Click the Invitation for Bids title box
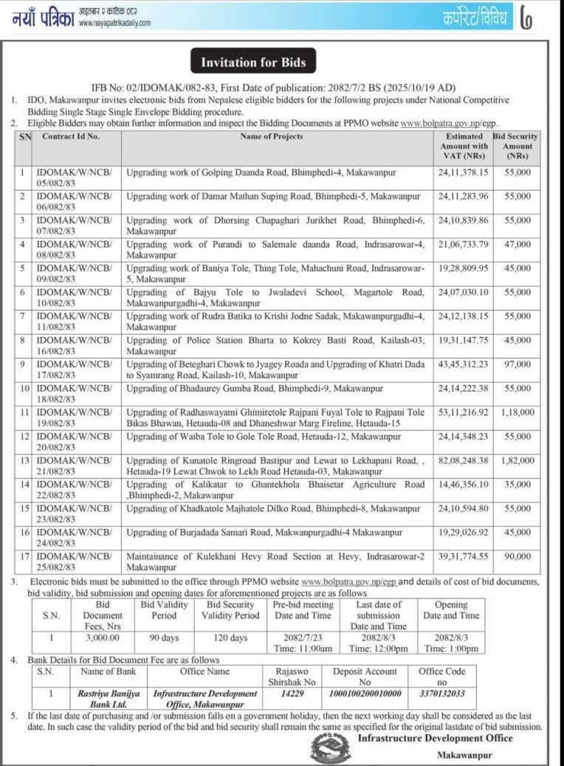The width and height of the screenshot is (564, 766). click(253, 62)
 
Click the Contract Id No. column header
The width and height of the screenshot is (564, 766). click(71, 137)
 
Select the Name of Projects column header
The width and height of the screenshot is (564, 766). click(272, 137)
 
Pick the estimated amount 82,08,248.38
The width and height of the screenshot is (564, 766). click(463, 460)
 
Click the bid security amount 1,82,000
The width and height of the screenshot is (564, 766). click(517, 460)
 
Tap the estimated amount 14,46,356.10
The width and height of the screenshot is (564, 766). click(463, 484)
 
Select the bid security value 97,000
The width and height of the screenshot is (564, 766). click(517, 364)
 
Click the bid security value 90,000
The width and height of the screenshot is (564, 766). click(517, 556)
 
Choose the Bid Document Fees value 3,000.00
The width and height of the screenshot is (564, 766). click(102, 638)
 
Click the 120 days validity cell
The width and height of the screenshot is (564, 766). click(230, 638)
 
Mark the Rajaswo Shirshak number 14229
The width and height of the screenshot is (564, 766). click(293, 693)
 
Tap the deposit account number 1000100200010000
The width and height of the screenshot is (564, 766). click(365, 693)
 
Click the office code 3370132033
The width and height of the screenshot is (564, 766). click(442, 693)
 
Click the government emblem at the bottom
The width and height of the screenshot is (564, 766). click(331, 747)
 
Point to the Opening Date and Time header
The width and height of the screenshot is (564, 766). click(451, 610)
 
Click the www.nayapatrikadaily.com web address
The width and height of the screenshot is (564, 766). click(114, 23)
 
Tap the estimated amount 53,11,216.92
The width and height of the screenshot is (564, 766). click(463, 412)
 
